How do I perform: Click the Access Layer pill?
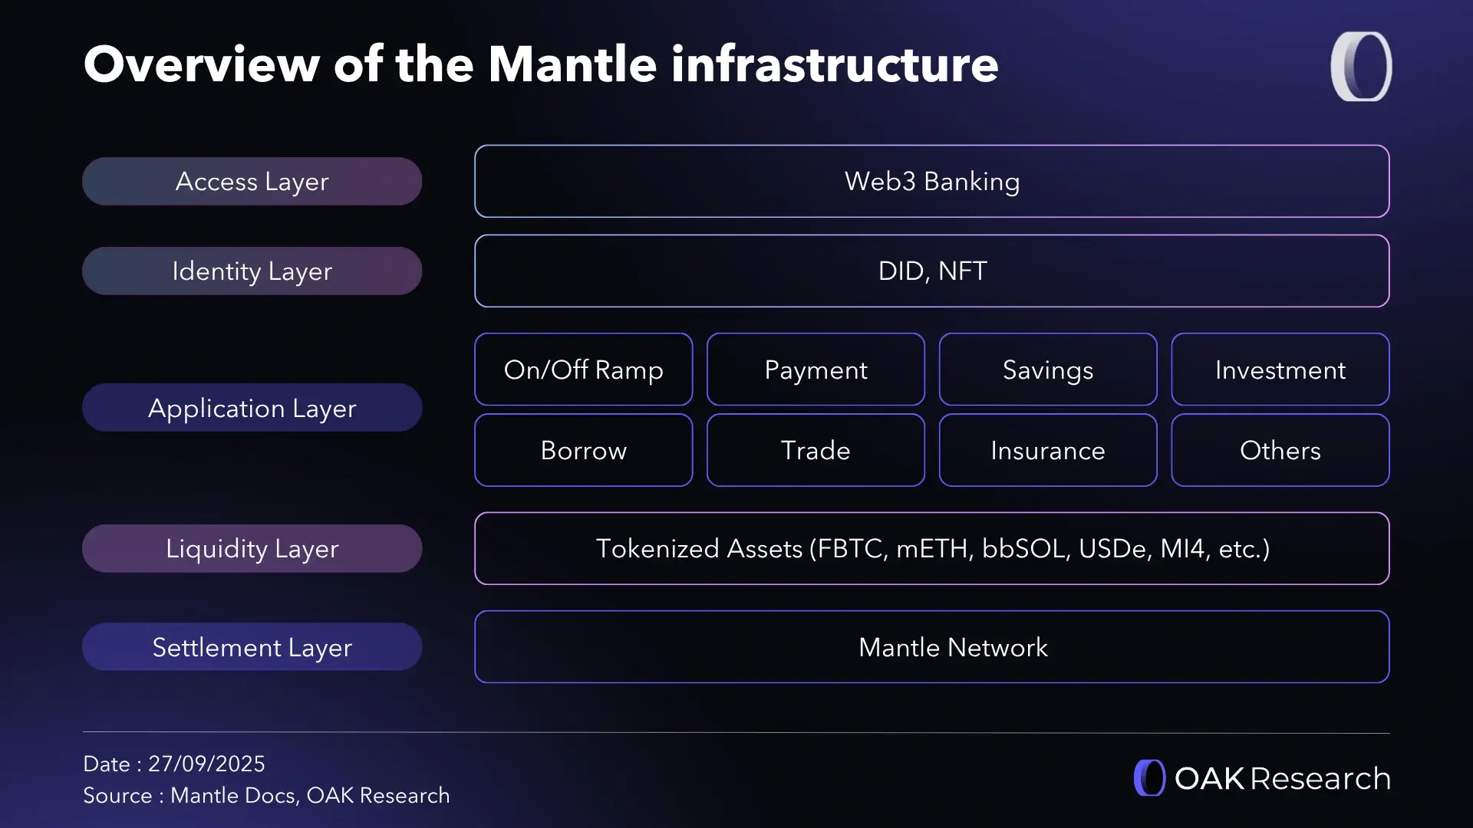252,182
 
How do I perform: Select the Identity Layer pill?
252,271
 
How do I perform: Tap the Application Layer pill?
252,408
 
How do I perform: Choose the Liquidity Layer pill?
252,549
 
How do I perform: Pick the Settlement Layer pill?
252,647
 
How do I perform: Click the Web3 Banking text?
931,182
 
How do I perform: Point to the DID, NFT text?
931,271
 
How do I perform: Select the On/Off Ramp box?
583,370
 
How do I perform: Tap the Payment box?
816,370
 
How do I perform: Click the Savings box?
1047,370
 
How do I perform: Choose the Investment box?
1280,370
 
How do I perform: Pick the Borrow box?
583,450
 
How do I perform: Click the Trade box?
816,450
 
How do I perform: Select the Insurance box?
1047,450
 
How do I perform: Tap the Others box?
1280,450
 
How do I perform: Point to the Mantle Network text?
953,647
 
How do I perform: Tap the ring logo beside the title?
1361,66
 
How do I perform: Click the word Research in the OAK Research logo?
1320,778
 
